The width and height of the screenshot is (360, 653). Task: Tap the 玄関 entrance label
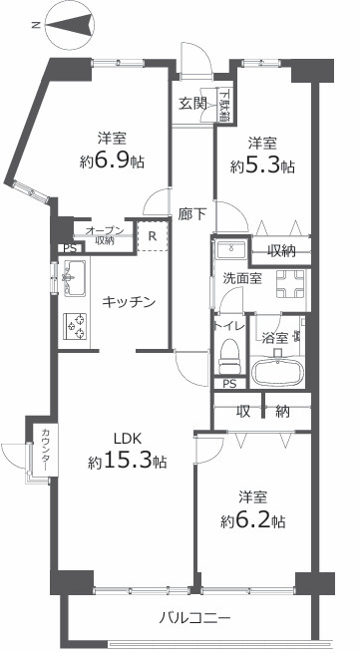[x=193, y=102]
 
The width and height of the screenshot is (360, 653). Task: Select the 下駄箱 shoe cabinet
[x=224, y=105]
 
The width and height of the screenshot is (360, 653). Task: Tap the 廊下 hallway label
[x=193, y=213]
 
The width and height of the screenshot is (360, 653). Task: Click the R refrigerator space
[x=152, y=236]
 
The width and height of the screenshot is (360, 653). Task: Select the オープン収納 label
[x=104, y=234]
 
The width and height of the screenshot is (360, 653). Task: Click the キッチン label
[x=129, y=302]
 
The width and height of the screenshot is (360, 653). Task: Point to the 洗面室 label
[x=243, y=279]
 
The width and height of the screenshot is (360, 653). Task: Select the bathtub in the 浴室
[x=276, y=373]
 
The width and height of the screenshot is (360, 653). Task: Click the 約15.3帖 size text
[x=127, y=462]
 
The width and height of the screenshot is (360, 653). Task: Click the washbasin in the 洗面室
[x=235, y=248]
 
